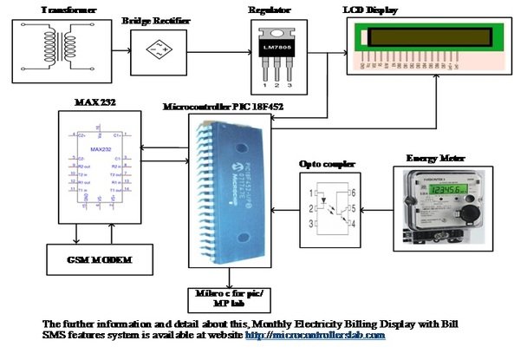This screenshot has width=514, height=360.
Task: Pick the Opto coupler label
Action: [x=322, y=162]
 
